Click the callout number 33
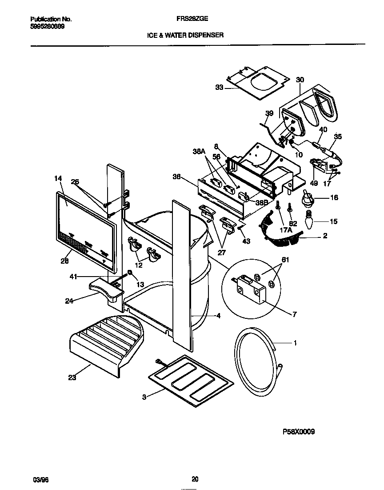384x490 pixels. tap(219, 88)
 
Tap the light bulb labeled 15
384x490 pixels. tap(306, 220)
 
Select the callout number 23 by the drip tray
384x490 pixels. tap(72, 378)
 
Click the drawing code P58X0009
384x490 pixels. tap(298, 432)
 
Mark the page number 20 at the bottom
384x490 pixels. tap(195, 479)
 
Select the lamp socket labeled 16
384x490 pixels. tap(306, 198)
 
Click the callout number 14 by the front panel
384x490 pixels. tap(58, 178)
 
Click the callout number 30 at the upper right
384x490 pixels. tap(300, 80)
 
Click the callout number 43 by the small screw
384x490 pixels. tap(246, 241)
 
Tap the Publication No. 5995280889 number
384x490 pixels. tap(47, 26)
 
